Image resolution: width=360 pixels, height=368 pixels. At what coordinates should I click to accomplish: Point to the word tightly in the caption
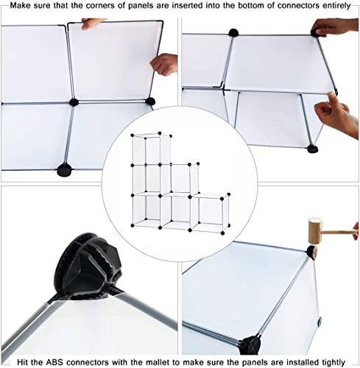point(333,362)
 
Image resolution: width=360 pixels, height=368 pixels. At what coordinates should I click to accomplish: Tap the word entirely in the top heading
point(336,6)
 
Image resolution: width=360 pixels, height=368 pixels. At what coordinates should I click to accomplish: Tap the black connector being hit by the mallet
point(311,252)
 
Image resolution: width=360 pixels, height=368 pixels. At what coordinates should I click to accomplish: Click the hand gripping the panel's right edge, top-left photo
point(164,64)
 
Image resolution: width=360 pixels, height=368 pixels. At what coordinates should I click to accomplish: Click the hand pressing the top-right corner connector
point(334,27)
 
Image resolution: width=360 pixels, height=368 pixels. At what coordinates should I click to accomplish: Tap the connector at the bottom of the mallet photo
point(250,344)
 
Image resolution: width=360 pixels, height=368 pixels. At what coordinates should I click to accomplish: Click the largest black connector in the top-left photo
point(65,170)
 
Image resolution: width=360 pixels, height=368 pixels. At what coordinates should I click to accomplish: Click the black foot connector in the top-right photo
point(313,149)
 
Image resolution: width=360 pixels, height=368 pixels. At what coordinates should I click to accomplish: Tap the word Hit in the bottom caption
point(23,362)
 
